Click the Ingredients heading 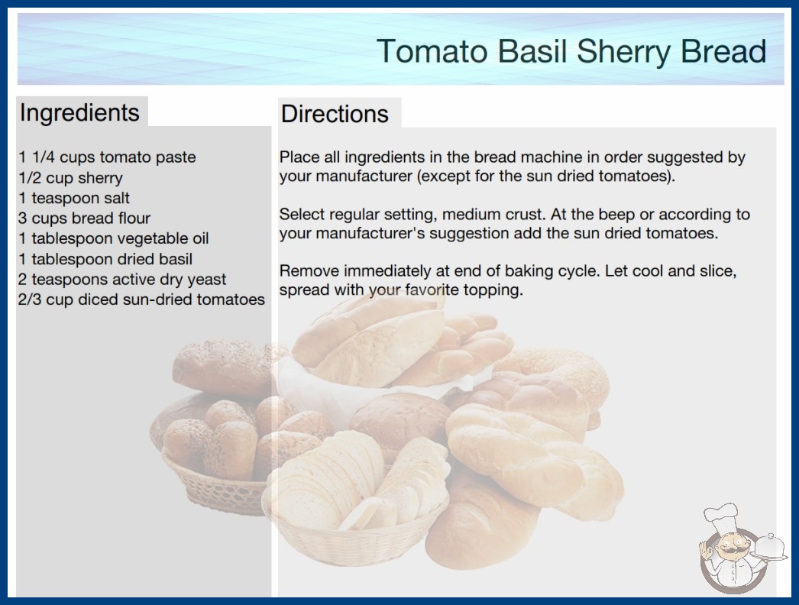[79, 112]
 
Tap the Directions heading [335, 114]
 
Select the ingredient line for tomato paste [107, 157]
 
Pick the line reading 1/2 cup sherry [70, 178]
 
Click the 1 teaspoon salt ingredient [74, 198]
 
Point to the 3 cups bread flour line [84, 218]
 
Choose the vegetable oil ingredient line [114, 238]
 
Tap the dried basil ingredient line [105, 259]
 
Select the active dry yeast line [122, 280]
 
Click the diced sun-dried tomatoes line [141, 299]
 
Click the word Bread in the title [723, 51]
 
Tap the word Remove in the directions [309, 270]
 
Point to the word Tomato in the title [432, 51]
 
